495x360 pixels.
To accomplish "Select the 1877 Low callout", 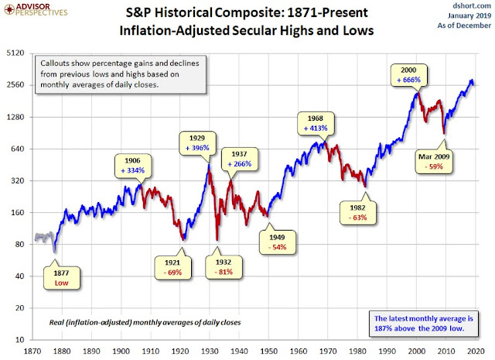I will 60,278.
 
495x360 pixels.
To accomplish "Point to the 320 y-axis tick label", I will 18,181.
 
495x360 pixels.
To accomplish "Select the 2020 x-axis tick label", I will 478,350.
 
